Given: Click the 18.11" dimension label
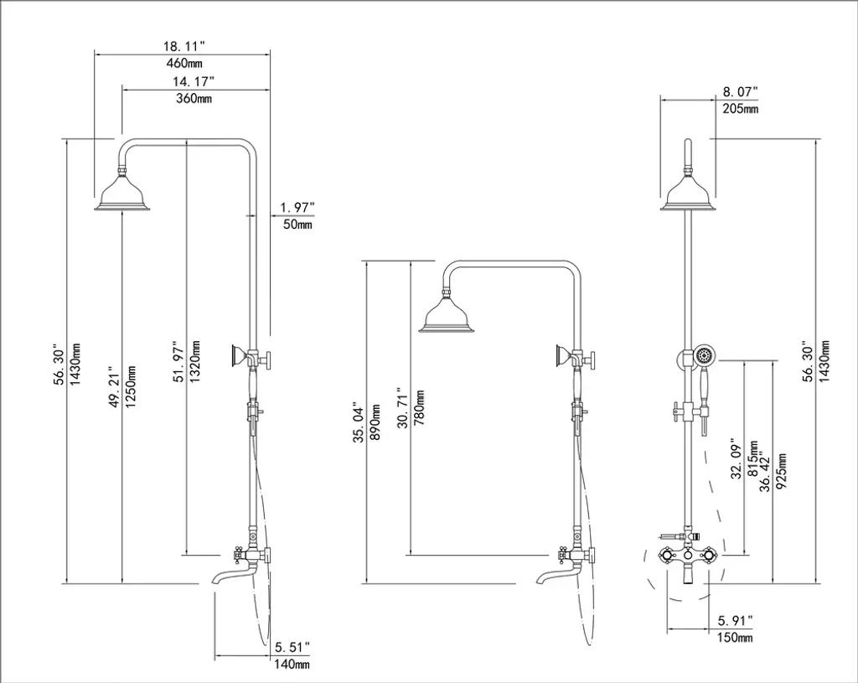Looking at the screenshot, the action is pyautogui.click(x=183, y=45).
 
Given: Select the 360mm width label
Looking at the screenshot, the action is pyautogui.click(x=194, y=99).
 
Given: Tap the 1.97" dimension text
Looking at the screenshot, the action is pyautogui.click(x=297, y=208).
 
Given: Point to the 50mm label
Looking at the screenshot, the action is pyautogui.click(x=297, y=224).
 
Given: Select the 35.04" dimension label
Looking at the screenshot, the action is pyautogui.click(x=359, y=423).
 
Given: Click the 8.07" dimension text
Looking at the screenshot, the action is pyautogui.click(x=741, y=91).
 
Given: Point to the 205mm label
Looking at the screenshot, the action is pyautogui.click(x=741, y=108).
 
